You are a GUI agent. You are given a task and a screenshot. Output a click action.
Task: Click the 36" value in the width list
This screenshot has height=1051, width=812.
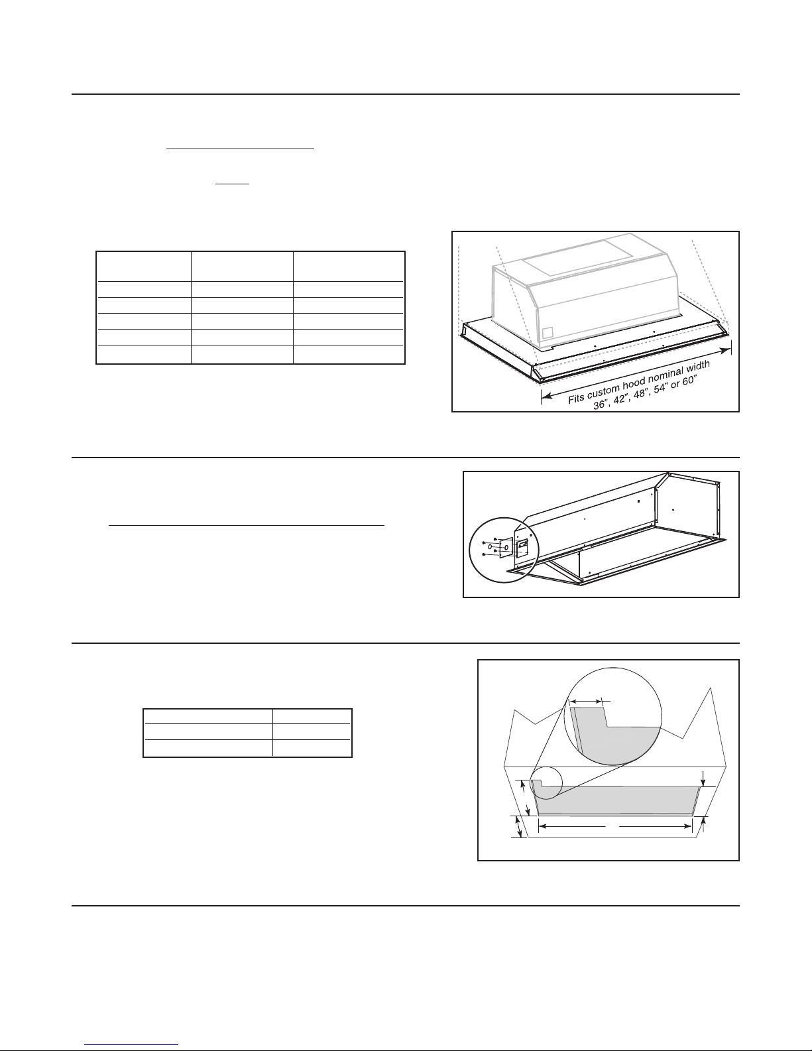pos(601,403)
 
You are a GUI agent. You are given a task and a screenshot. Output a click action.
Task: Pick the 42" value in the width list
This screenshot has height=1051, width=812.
pos(620,398)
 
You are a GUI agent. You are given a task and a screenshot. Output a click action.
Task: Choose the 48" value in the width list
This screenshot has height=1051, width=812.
pos(640,393)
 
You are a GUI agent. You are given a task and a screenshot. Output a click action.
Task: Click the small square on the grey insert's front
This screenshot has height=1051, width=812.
pos(547,333)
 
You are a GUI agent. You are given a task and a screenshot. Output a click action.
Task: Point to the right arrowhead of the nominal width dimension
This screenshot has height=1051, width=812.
pos(726,349)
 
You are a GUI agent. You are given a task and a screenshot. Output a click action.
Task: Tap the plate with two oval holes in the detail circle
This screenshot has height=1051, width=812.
pos(505,547)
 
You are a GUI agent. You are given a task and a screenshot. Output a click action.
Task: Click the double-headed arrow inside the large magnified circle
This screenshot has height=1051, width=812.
pos(587,700)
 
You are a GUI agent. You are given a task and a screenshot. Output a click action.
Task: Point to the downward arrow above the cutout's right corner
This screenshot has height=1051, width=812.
pos(703,778)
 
